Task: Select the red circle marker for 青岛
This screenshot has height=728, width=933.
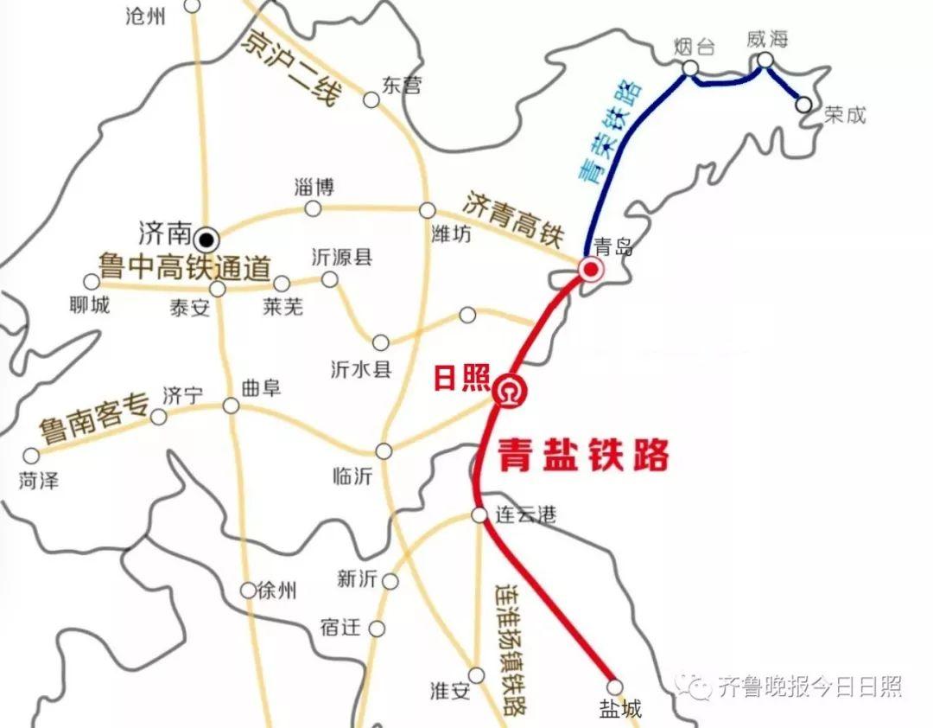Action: (x=591, y=271)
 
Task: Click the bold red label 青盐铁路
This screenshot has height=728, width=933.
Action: (x=584, y=455)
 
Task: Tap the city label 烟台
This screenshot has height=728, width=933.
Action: (x=694, y=48)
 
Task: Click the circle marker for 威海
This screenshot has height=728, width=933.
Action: (x=765, y=61)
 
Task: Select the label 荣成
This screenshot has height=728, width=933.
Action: (x=844, y=115)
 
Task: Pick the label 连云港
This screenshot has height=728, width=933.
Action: (x=525, y=515)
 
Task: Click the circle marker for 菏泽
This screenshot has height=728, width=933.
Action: (x=32, y=455)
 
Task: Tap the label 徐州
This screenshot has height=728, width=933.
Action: (x=279, y=591)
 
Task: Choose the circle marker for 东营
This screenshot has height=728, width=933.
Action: (x=371, y=100)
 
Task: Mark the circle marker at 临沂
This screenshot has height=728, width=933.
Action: (x=384, y=451)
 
